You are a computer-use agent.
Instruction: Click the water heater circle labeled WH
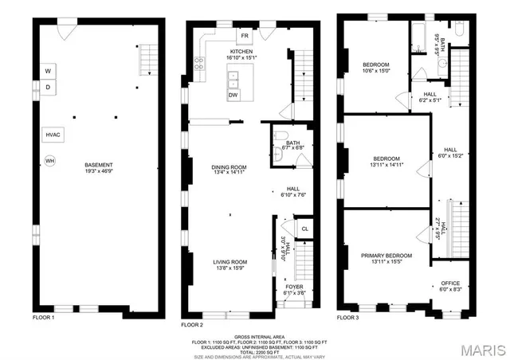pos(50,160)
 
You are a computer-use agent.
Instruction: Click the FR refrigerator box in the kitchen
pos(245,36)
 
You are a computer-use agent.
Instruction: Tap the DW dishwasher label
pos(233,95)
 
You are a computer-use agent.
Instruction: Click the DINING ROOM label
pos(228,167)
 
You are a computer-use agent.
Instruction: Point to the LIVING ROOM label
pos(229,262)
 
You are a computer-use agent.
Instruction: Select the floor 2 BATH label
pos(282,143)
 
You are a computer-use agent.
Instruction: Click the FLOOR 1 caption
pos(42,318)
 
